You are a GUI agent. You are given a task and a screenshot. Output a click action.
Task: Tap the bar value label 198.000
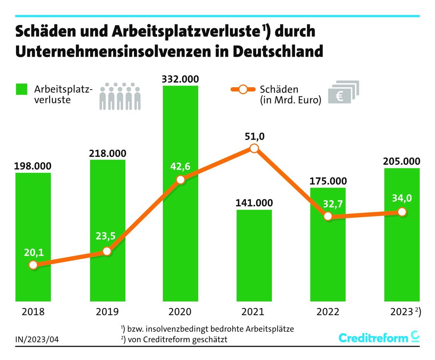point(33,166)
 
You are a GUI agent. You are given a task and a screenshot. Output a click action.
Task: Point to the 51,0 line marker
point(254,149)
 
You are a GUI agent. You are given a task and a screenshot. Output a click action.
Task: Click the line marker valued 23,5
point(106,251)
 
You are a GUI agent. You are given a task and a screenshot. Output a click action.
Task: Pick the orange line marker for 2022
point(328,216)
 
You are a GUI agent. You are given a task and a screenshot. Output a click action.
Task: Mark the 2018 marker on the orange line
point(33,265)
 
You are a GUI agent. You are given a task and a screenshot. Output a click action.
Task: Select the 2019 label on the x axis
point(107,312)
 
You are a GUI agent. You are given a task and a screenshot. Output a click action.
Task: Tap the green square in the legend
point(22,90)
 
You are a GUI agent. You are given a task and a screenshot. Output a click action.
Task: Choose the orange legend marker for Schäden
point(242,90)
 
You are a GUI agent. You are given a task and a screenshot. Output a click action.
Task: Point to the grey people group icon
point(120,96)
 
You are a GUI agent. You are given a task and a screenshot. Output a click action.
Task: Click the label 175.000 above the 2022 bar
point(328,181)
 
